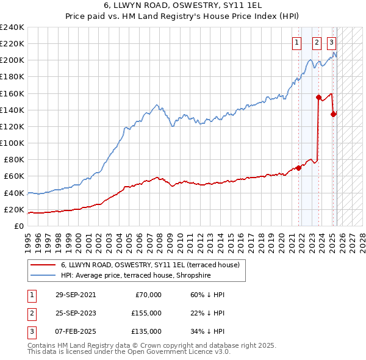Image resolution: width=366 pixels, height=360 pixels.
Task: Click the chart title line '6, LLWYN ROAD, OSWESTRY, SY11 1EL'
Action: (183, 6)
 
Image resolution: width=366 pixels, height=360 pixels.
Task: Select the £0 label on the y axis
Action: (20, 226)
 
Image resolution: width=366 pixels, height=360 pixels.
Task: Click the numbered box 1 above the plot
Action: (296, 43)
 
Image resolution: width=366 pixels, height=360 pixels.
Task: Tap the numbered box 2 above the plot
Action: (317, 43)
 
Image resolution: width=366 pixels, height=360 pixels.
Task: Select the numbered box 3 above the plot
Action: (331, 43)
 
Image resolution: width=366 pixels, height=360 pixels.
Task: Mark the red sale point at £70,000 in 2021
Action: (298, 168)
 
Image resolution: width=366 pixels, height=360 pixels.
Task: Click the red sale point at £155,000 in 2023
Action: (318, 97)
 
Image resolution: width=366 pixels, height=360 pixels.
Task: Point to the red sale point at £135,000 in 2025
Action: (334, 113)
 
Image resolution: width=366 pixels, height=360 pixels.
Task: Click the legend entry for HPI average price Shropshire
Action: (135, 276)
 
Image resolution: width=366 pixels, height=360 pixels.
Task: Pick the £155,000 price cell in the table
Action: (146, 313)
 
